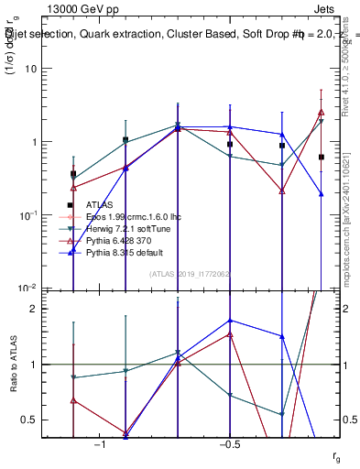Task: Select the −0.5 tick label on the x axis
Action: [228, 444]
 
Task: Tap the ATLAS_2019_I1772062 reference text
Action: [191, 274]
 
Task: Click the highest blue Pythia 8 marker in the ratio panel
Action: [230, 321]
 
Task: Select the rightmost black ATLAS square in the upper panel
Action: [322, 158]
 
